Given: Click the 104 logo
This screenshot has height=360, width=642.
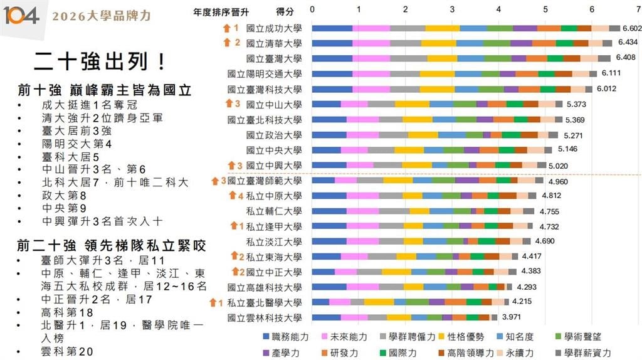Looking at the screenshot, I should pyautogui.click(x=21, y=14).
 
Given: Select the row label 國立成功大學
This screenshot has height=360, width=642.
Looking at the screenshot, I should pyautogui.click(x=274, y=28).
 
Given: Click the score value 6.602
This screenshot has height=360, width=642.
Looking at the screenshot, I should pyautogui.click(x=632, y=28).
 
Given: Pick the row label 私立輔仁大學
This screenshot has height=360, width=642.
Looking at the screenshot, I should pyautogui.click(x=274, y=211).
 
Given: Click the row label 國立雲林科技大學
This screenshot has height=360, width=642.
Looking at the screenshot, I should pyautogui.click(x=265, y=317).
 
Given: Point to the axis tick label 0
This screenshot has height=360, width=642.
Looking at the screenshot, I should pyautogui.click(x=312, y=10).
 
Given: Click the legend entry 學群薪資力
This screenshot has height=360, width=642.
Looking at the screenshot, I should pyautogui.click(x=582, y=352).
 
